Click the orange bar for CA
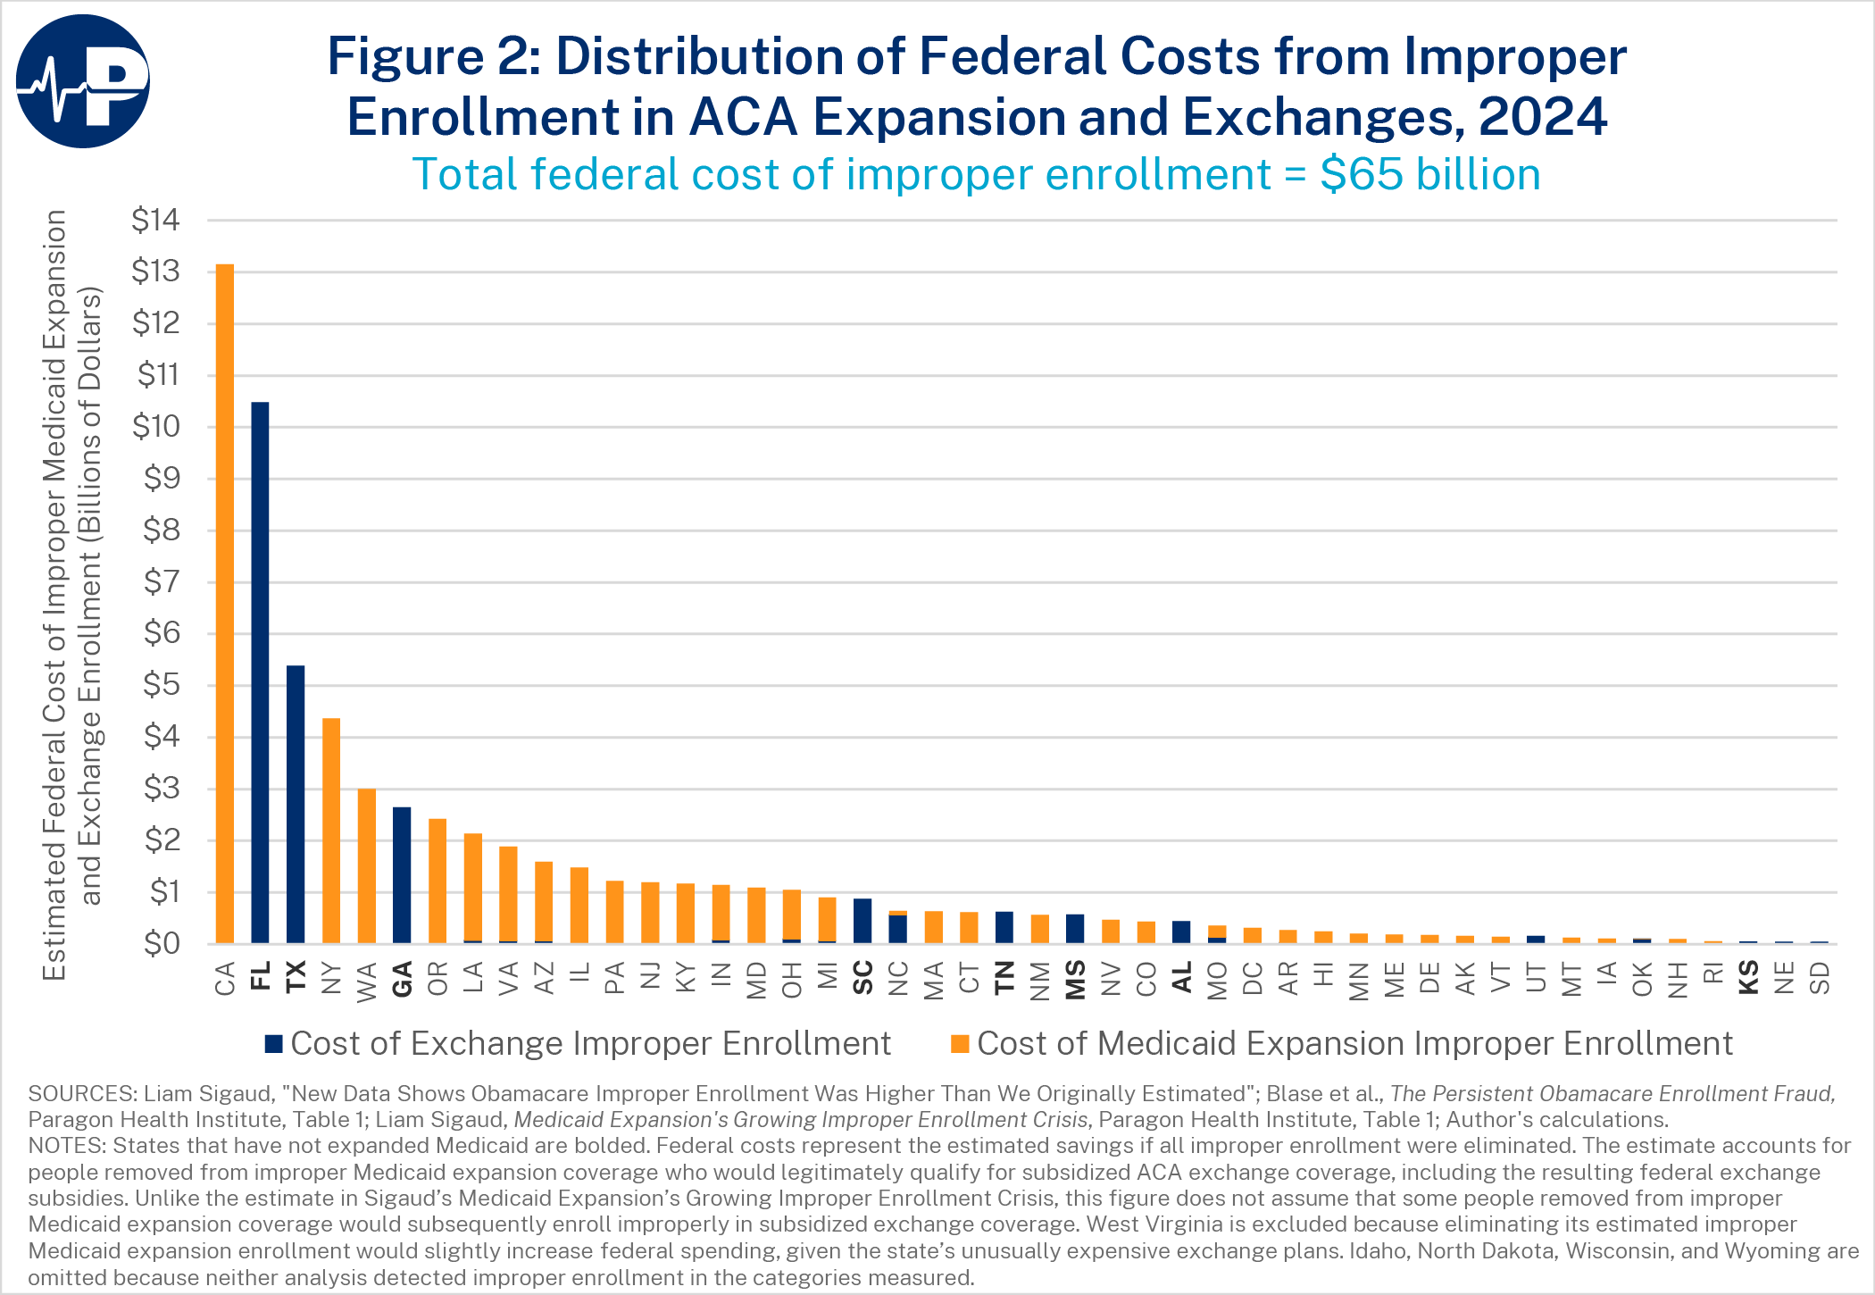(x=224, y=604)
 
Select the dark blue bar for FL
(x=260, y=673)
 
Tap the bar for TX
(x=296, y=805)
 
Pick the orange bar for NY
(x=331, y=831)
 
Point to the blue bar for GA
(x=402, y=875)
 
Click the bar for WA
(x=366, y=866)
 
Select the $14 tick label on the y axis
(x=155, y=220)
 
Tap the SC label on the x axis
(x=862, y=977)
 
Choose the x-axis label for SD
(x=1820, y=978)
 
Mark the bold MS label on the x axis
(x=1076, y=980)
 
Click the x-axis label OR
(x=437, y=979)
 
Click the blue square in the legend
(x=274, y=1043)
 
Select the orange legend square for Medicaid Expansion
(x=961, y=1043)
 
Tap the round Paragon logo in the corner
(x=82, y=81)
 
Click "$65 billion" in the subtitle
(x=1430, y=174)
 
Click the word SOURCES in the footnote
(x=80, y=1094)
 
